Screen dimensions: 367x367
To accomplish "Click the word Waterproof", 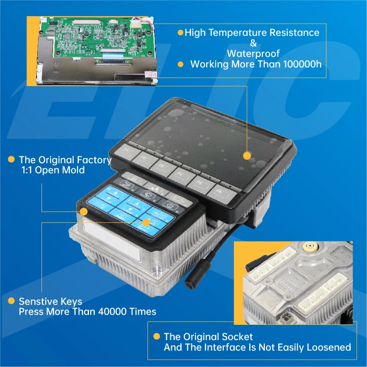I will coord(249,53).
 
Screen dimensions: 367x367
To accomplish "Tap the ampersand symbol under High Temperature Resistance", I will coord(249,43).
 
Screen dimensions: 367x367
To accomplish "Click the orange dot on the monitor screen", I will coord(247,156).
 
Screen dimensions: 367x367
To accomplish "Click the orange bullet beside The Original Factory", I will coord(10,160).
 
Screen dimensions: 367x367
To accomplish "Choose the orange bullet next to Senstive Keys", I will coord(10,301).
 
